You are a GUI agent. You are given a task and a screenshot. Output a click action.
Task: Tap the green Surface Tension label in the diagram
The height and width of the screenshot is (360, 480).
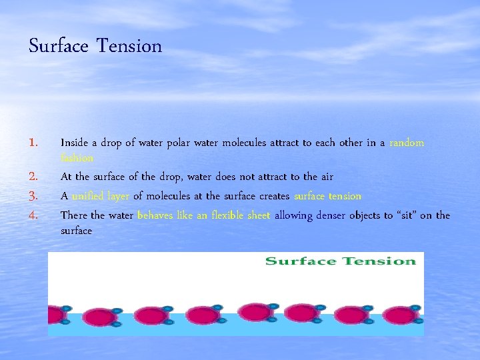340,261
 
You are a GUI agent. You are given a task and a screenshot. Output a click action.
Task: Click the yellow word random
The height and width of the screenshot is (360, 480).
407,143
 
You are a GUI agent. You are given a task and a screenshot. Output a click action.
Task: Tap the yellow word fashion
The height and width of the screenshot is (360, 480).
77,159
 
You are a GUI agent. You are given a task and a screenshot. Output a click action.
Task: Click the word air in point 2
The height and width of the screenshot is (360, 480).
326,177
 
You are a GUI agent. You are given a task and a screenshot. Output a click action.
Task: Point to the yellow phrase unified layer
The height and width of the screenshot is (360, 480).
100,196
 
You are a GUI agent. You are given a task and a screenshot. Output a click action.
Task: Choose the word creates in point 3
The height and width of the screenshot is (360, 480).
271,196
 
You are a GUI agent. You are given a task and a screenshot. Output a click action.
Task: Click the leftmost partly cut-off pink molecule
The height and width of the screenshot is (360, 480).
57,315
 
